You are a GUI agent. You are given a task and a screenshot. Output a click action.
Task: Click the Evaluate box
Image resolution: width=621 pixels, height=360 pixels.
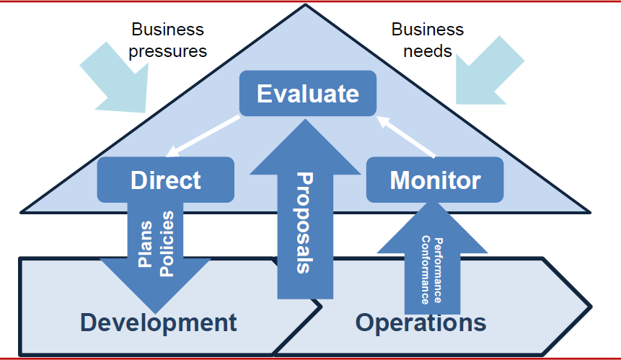tap(307, 94)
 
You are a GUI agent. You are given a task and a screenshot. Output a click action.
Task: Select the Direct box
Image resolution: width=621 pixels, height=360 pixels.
tap(166, 180)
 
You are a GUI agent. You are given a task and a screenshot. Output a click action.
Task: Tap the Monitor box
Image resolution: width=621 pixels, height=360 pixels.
tap(435, 180)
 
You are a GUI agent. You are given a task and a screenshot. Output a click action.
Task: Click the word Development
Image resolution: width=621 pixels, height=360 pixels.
tap(158, 322)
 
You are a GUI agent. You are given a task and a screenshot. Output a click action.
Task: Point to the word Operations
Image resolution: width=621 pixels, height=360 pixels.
tap(420, 322)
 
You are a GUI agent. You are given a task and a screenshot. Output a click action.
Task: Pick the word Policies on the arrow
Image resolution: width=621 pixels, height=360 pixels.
tap(167, 243)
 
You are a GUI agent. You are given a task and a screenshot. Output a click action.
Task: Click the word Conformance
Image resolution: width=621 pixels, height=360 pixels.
tap(426, 269)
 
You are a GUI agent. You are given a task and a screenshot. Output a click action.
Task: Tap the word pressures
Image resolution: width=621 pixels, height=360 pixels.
tap(168, 51)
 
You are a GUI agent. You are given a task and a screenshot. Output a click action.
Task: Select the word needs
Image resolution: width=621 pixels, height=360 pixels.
tap(428, 51)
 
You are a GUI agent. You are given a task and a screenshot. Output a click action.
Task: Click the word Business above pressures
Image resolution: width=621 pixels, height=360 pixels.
tap(168, 30)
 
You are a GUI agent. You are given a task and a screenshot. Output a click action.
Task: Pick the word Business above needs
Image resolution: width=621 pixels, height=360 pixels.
tap(428, 30)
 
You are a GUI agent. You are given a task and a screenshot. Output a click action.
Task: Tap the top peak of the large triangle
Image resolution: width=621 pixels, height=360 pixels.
tap(306, 6)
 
